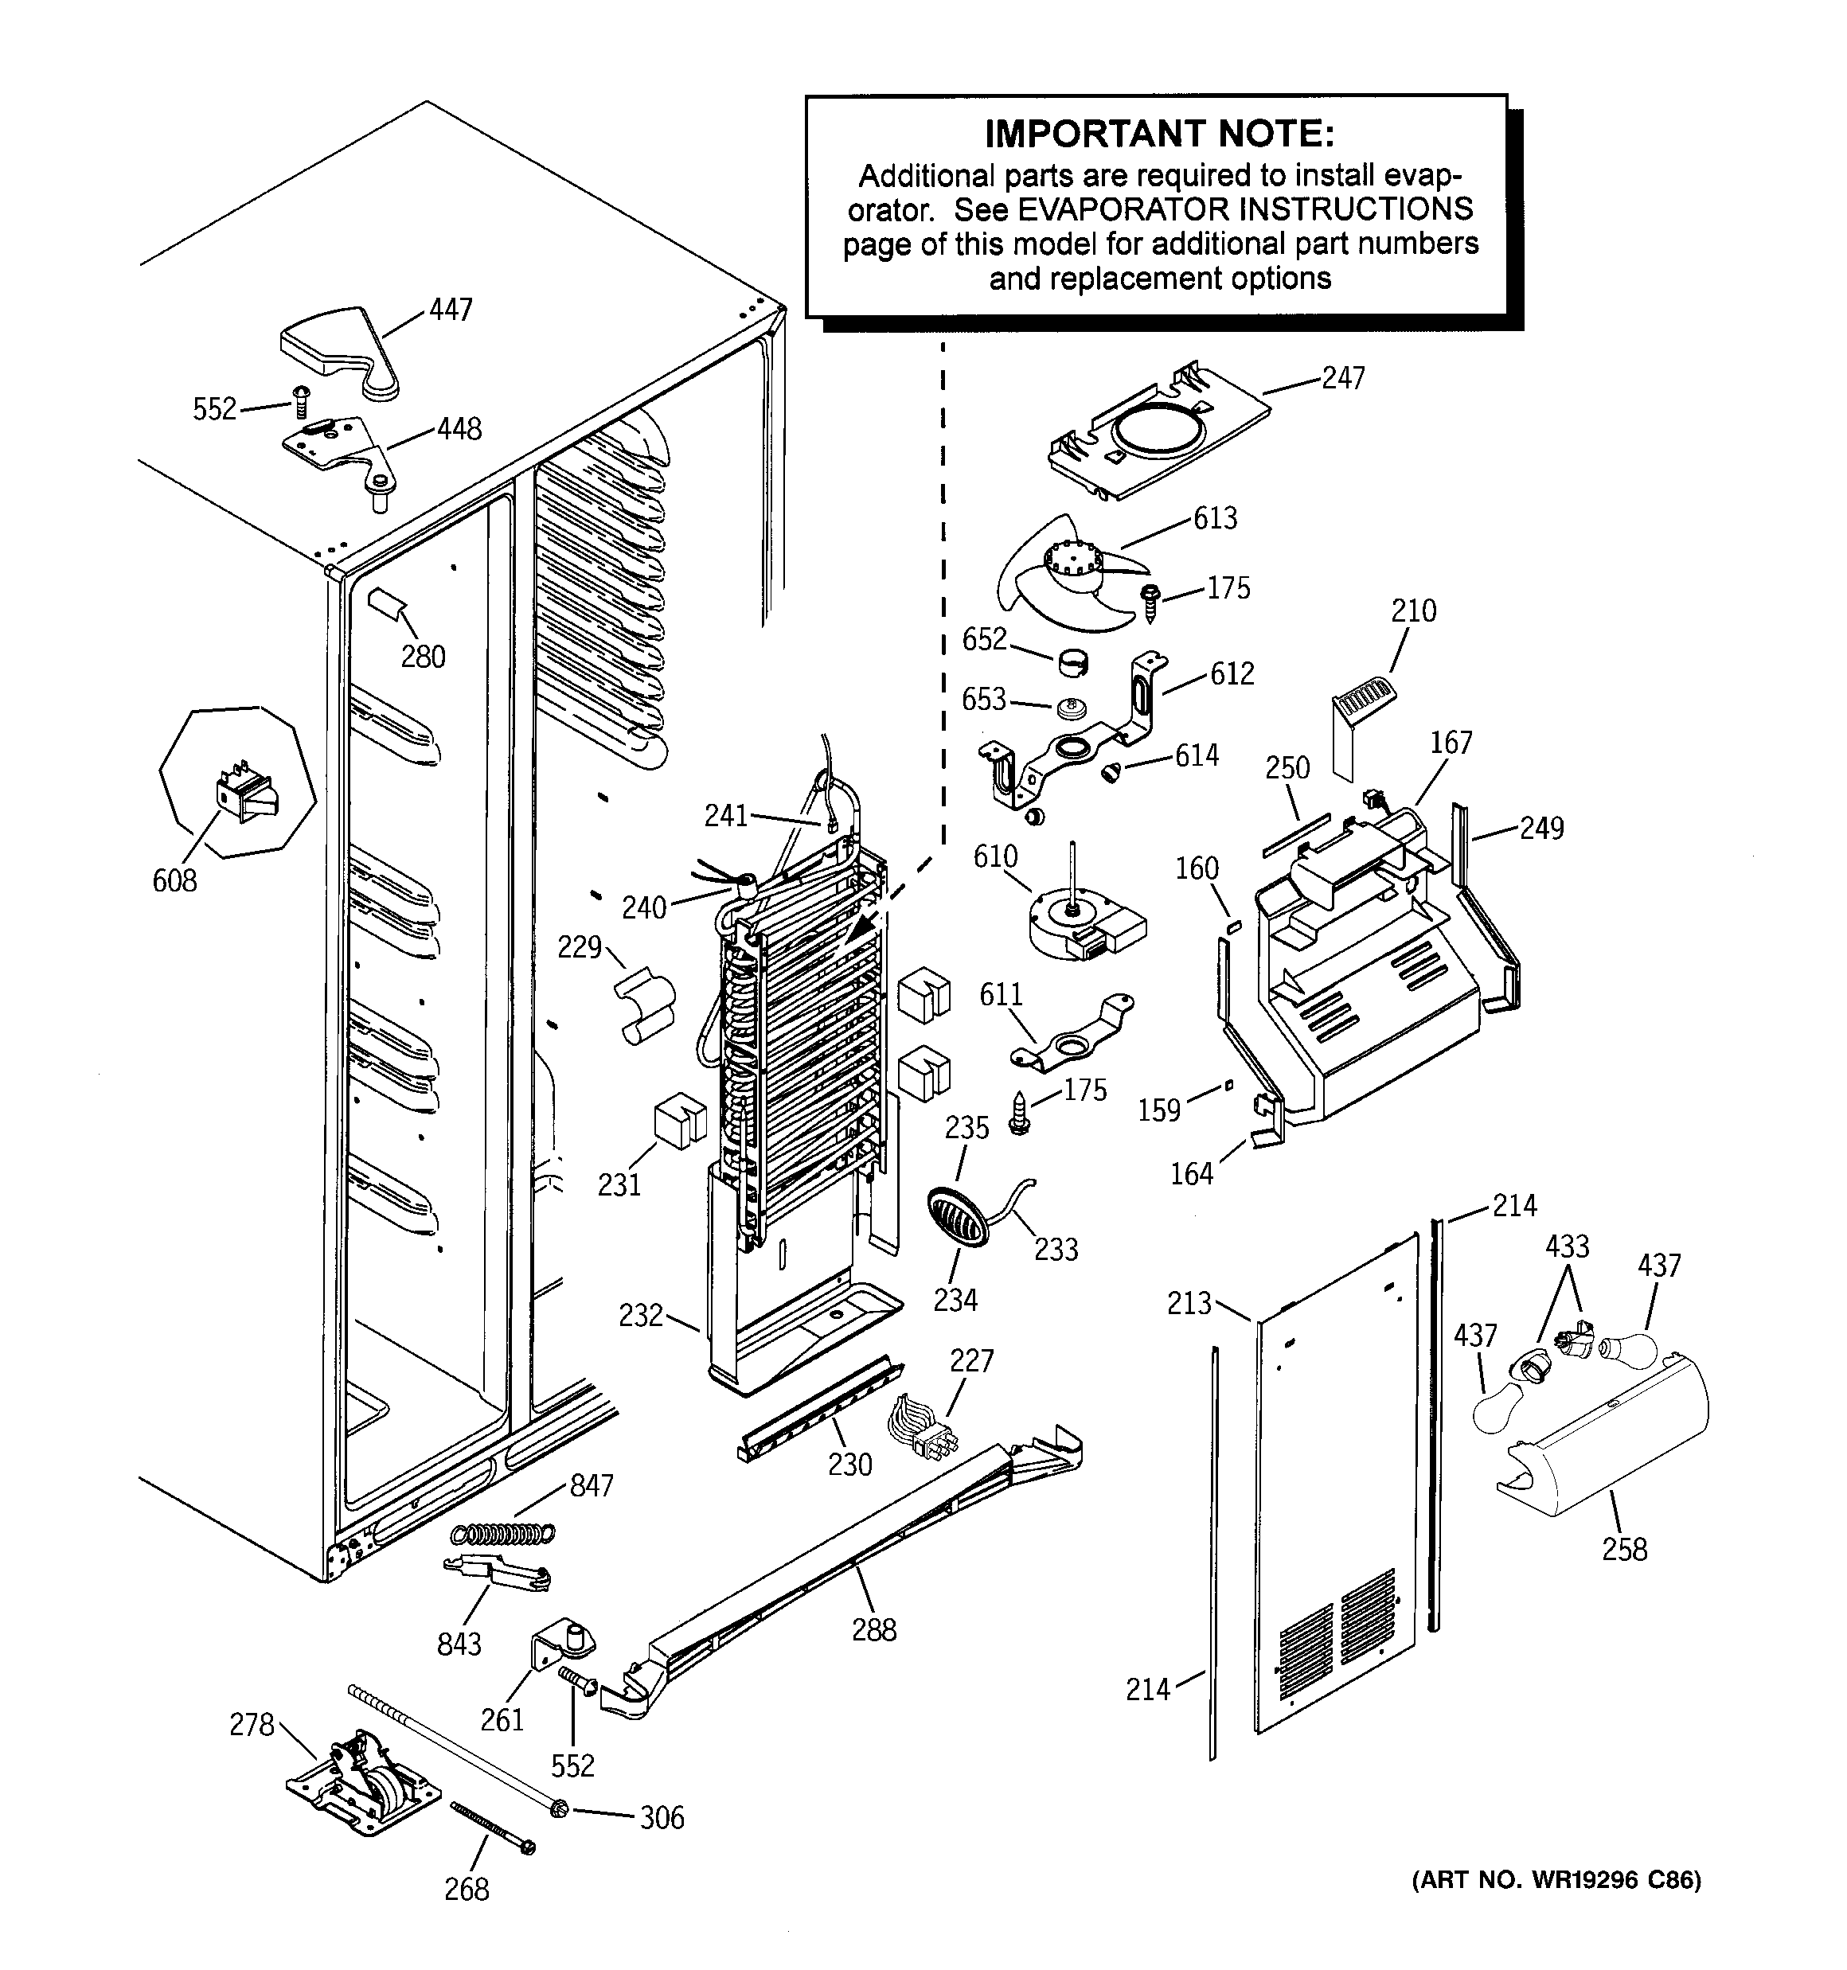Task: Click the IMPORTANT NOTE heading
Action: tap(1158, 134)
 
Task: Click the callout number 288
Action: tap(873, 1629)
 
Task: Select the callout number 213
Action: tap(1189, 1302)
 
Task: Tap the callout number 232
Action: tap(640, 1315)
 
